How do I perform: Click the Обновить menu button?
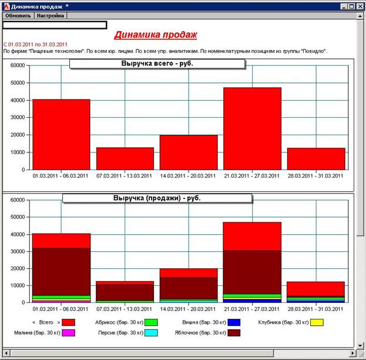pos(18,16)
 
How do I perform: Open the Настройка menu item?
pos(51,16)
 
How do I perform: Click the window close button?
pos(360,6)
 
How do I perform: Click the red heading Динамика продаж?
pos(156,35)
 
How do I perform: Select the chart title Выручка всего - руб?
pos(157,63)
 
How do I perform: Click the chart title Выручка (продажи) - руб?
pos(157,198)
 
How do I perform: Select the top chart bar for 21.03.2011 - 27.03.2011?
pos(252,128)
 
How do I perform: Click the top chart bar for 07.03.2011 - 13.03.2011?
pos(125,158)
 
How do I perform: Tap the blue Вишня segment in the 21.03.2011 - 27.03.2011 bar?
pos(252,300)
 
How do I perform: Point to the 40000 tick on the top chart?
pos(17,100)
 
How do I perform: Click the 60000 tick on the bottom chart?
pos(17,200)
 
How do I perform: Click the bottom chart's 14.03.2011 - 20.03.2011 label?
pos(188,308)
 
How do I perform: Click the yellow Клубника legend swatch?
pos(317,322)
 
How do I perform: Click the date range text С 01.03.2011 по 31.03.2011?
pos(35,44)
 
